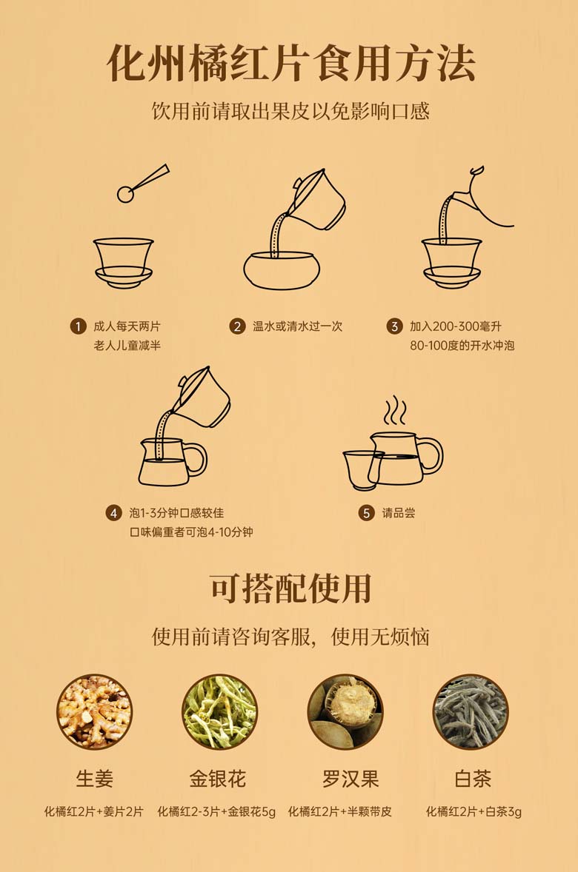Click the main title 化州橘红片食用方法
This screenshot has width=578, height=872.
point(290,64)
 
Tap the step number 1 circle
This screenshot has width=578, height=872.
point(78,326)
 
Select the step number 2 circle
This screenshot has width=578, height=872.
point(237,326)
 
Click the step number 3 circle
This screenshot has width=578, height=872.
point(394,326)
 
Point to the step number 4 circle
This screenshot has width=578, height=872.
point(113,513)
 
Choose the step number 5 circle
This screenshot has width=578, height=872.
point(366,513)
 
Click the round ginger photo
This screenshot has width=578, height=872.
point(94,712)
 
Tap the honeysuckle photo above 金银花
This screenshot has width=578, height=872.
point(220,712)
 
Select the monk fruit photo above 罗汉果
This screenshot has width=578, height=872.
point(346,712)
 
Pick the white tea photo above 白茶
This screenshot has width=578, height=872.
point(471,712)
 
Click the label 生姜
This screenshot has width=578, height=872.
point(95,779)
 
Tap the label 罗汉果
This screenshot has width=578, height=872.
point(351,779)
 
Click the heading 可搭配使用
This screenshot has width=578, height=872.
point(290,588)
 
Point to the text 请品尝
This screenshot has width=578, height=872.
point(399,513)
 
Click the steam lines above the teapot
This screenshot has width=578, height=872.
point(395,410)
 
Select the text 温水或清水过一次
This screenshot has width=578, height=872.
point(297,326)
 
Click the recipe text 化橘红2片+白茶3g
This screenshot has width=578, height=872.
point(474,812)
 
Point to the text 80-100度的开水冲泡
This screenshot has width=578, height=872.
point(462,346)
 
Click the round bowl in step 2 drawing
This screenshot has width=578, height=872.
point(282,271)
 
